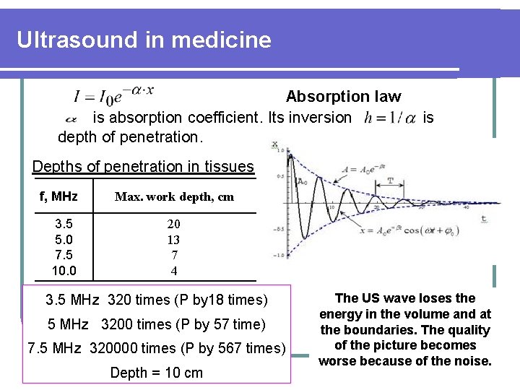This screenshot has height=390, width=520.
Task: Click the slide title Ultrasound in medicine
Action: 144,39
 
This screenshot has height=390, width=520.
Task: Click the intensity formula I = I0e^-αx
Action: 113,95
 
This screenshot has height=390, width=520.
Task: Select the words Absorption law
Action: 343,96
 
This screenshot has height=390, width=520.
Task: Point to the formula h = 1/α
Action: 391,117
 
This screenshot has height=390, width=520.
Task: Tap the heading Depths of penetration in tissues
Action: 143,166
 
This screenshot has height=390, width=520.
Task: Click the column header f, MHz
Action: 58,196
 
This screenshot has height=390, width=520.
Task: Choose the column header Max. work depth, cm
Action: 173,197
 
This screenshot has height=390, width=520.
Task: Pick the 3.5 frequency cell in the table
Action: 62,224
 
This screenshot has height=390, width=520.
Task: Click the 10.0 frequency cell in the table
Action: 64,271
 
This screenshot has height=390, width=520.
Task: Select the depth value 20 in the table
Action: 173,224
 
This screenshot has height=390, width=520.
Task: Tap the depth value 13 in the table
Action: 173,240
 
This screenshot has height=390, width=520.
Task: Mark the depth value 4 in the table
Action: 174,271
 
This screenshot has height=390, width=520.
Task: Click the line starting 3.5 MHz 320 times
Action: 156,300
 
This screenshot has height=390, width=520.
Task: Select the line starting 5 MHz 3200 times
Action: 156,324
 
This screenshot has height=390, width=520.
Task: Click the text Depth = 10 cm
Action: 156,373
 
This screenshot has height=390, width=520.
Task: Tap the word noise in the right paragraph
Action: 470,360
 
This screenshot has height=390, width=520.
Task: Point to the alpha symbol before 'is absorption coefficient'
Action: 71,118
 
